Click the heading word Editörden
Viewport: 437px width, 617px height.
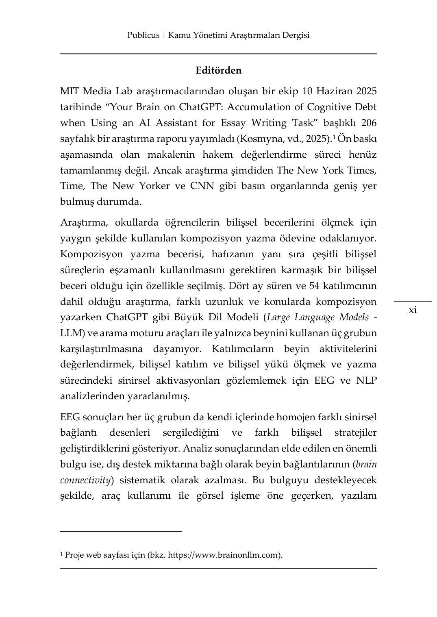(x=218, y=70)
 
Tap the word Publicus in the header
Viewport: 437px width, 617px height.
(x=143, y=35)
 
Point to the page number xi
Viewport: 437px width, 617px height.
(x=413, y=310)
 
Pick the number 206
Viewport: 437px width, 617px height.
(x=368, y=123)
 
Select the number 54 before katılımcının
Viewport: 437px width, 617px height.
(x=314, y=286)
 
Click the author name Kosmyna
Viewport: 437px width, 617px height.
(x=259, y=139)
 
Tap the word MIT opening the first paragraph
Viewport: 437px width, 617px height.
(x=70, y=91)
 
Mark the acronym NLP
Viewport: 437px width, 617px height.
(x=366, y=380)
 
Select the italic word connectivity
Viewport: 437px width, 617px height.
(x=85, y=480)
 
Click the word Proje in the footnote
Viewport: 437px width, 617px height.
(x=74, y=554)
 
